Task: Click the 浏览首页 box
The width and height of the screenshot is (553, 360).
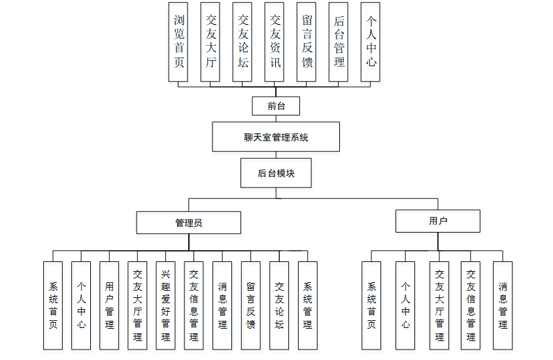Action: tap(178, 42)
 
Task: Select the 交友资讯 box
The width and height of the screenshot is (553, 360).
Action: tap(275, 42)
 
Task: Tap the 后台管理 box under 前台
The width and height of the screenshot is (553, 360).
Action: tap(339, 42)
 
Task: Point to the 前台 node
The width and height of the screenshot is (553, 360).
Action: tap(276, 106)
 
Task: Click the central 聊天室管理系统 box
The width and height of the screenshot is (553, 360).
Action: tap(276, 137)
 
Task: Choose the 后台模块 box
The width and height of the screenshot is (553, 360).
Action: tap(276, 173)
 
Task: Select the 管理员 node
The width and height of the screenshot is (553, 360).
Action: tap(188, 222)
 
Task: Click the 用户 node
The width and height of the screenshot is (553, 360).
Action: tap(438, 221)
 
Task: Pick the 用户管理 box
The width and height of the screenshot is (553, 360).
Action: tap(109, 305)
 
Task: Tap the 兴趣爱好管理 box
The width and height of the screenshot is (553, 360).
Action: tap(166, 305)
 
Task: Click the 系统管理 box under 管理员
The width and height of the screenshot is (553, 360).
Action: tap(308, 305)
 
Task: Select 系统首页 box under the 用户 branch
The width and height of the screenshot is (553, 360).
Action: tap(371, 305)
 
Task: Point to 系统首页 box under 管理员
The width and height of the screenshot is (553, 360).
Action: tap(52, 305)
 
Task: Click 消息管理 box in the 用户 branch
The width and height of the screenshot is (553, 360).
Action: tap(503, 305)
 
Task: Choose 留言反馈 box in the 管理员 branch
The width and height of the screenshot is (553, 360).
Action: tap(251, 305)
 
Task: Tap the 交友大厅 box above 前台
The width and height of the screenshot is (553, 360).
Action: tap(210, 42)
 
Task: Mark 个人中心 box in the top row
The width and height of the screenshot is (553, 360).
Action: tap(371, 42)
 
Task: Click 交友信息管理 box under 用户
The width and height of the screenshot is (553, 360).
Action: tap(471, 305)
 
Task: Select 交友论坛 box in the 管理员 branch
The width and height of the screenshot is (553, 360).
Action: tap(279, 305)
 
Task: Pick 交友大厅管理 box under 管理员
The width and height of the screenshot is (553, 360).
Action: tap(137, 305)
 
